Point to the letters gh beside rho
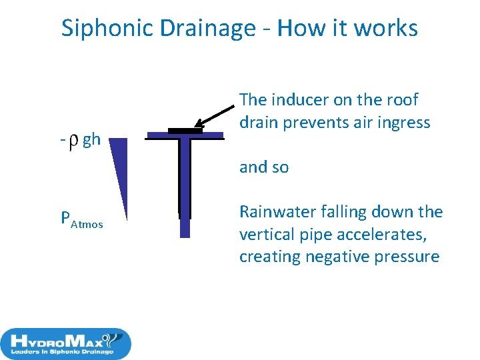[x=91, y=140]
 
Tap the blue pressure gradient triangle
[x=118, y=167]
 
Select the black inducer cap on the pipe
[x=185, y=130]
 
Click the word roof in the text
[x=402, y=100]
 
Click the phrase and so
[x=264, y=167]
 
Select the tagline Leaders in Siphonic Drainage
[x=63, y=351]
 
